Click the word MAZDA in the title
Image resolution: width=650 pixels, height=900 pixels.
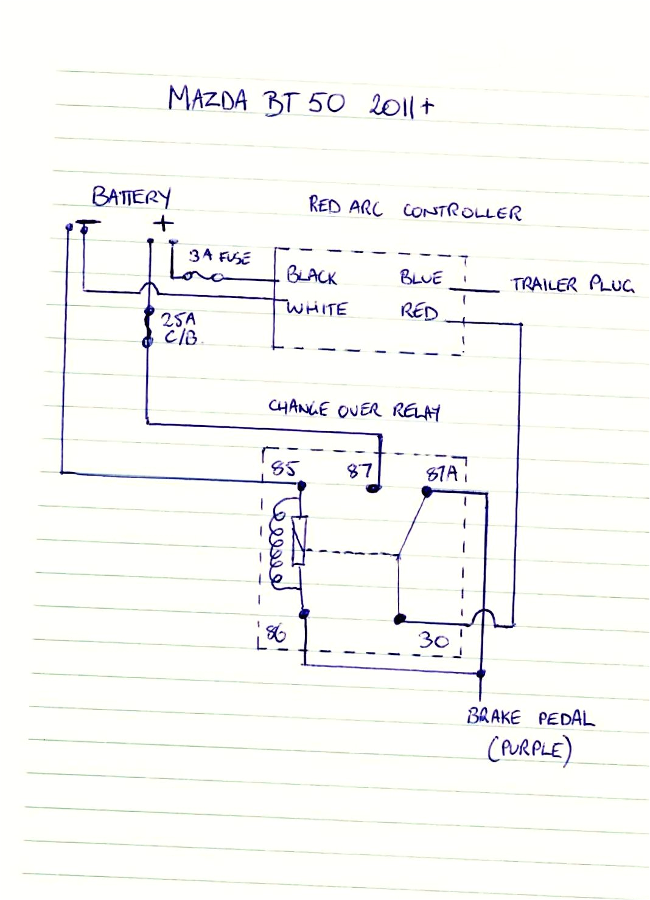(x=208, y=99)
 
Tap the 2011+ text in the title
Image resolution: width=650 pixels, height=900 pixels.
(x=401, y=105)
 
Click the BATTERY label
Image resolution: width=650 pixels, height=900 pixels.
(x=131, y=197)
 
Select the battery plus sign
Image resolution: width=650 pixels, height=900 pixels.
(x=163, y=223)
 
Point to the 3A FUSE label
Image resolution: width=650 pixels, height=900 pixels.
(x=219, y=257)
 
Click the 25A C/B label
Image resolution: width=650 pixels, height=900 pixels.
(x=180, y=328)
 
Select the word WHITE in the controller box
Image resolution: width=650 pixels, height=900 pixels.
(x=316, y=308)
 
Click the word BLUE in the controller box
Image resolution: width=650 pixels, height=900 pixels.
(x=421, y=277)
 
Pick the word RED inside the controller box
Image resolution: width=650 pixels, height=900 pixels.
(x=419, y=311)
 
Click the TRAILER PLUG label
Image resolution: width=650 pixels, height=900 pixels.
(x=572, y=284)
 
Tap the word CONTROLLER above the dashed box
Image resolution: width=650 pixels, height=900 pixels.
(x=462, y=211)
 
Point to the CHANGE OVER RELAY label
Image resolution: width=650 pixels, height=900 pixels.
(x=354, y=409)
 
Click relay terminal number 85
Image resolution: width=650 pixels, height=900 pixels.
(x=284, y=468)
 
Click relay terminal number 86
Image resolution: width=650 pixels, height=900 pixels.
(x=276, y=634)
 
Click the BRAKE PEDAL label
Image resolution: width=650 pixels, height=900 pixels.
(x=530, y=718)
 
